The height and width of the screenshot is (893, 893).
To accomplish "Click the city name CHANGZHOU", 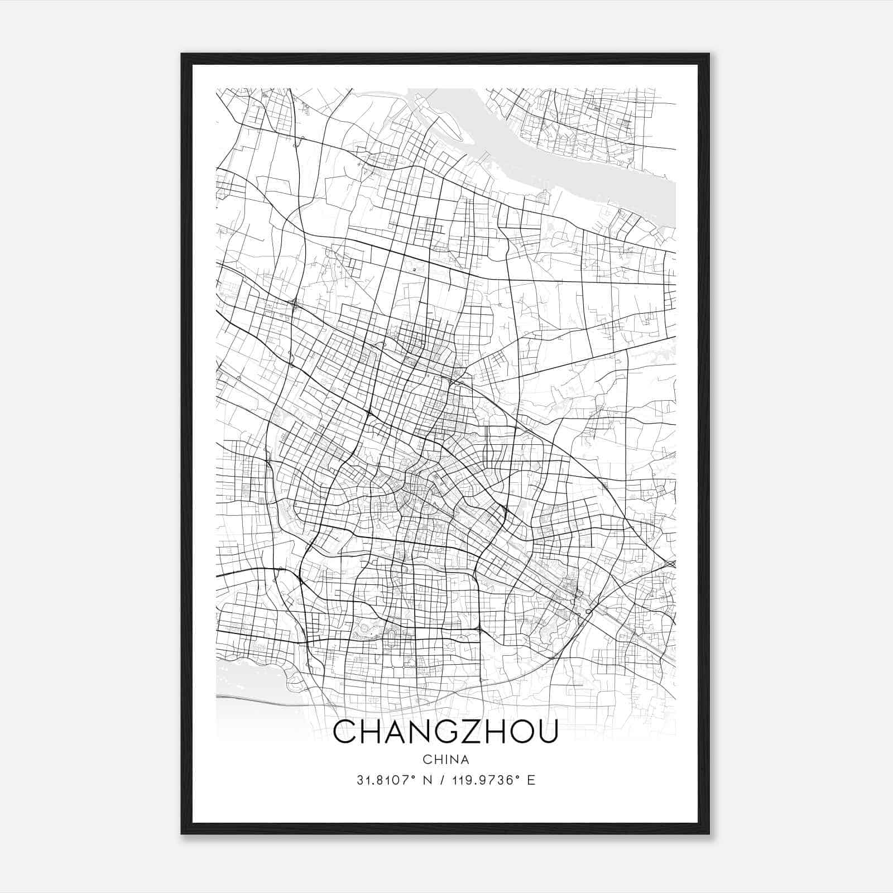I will tap(445, 732).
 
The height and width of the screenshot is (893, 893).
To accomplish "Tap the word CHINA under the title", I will tap(446, 760).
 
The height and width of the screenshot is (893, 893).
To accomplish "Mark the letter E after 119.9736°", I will tap(531, 780).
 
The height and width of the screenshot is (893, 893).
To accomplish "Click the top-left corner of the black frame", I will tap(182, 54).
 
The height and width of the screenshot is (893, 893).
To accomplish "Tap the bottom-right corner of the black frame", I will tap(709, 833).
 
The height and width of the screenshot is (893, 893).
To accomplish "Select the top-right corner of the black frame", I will tap(709, 54).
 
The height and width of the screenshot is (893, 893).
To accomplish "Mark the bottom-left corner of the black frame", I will tap(182, 833).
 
